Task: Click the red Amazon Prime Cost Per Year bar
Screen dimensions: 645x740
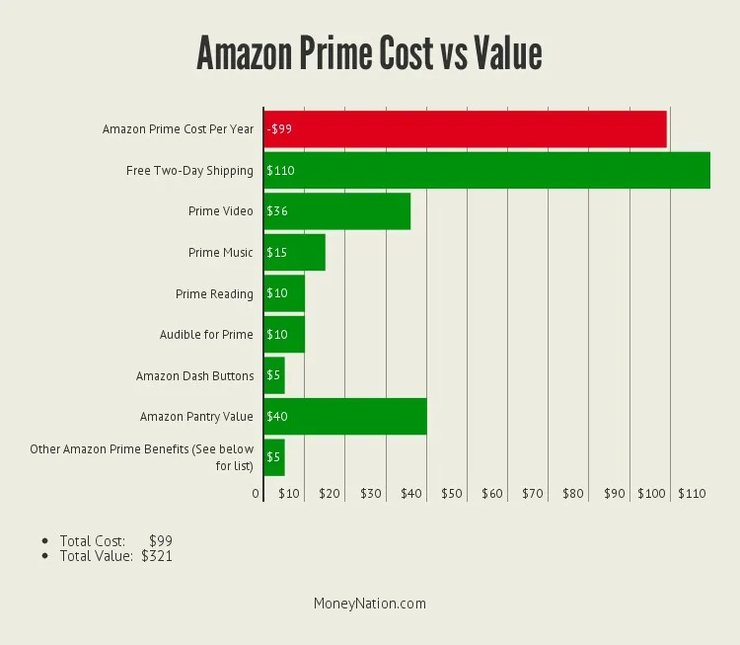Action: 465,129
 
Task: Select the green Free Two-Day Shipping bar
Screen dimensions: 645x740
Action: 486,171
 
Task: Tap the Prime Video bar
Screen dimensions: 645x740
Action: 336,211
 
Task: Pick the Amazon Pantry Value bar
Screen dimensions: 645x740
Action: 345,417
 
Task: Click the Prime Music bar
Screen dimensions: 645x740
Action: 294,253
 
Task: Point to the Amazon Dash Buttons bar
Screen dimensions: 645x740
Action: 274,376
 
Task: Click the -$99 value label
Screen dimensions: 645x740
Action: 279,129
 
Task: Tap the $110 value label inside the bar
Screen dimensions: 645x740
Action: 280,171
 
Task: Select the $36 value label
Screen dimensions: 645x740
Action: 276,211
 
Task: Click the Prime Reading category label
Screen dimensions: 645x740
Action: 214,294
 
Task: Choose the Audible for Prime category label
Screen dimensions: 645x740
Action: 206,335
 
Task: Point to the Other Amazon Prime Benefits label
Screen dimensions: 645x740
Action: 141,457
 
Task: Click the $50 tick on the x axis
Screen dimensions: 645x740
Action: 452,493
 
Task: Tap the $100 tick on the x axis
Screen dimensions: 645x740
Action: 650,493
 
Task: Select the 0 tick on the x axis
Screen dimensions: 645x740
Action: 256,493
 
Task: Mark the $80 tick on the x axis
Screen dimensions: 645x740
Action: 573,493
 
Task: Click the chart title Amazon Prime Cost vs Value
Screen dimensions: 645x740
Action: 369,52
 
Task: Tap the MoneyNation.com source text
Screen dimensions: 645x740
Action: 370,604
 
